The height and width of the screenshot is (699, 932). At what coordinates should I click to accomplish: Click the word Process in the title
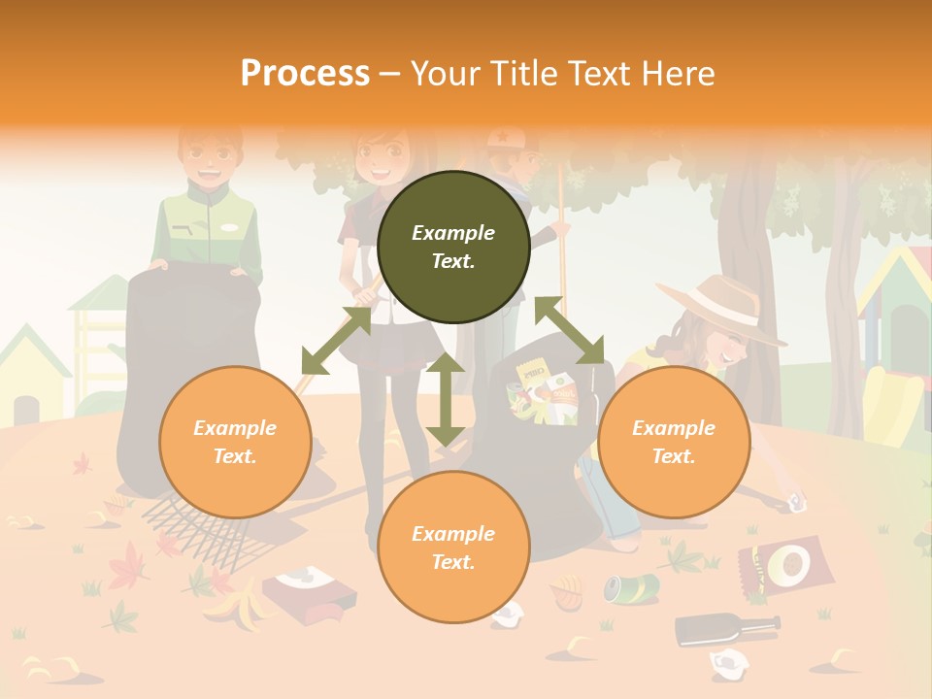click(305, 74)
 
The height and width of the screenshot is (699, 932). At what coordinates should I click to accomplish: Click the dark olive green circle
click(453, 248)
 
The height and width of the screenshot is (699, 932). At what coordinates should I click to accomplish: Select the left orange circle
click(235, 442)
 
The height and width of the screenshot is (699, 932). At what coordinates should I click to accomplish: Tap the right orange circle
click(674, 442)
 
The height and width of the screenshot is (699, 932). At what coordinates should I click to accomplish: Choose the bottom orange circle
click(453, 548)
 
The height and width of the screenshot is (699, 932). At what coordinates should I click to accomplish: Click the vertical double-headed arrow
click(446, 399)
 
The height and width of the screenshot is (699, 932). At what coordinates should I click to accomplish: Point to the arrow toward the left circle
click(336, 340)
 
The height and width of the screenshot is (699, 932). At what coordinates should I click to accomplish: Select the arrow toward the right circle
click(569, 330)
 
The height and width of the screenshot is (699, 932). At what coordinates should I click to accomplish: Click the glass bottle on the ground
click(726, 626)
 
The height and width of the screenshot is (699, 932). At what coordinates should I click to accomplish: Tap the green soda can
click(631, 586)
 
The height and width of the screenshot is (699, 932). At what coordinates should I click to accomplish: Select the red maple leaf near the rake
click(128, 565)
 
